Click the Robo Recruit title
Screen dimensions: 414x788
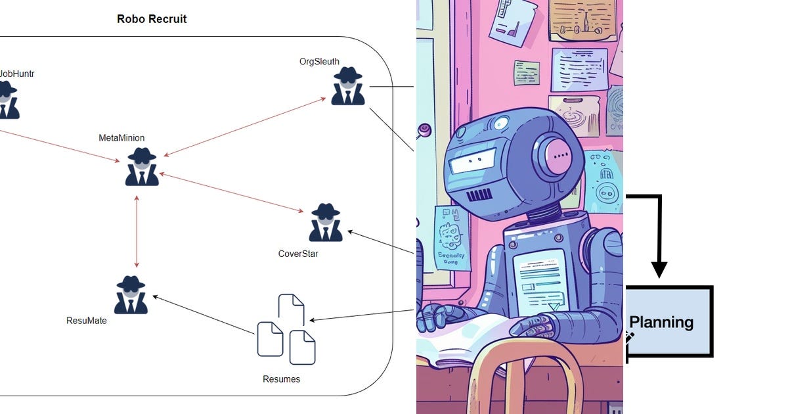pyautogui.click(x=152, y=19)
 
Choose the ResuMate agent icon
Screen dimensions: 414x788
pyautogui.click(x=130, y=295)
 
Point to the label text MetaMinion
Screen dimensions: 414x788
pyautogui.click(x=121, y=138)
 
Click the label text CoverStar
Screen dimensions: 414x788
pyautogui.click(x=298, y=254)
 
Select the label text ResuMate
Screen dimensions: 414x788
pyautogui.click(x=87, y=321)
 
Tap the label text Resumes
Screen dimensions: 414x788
pyautogui.click(x=281, y=379)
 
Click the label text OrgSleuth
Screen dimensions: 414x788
pyautogui.click(x=319, y=62)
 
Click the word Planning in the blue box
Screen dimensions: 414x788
pyautogui.click(x=661, y=322)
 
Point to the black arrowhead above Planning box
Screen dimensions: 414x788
pyautogui.click(x=659, y=269)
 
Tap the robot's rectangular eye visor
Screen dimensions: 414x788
pyautogui.click(x=473, y=160)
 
